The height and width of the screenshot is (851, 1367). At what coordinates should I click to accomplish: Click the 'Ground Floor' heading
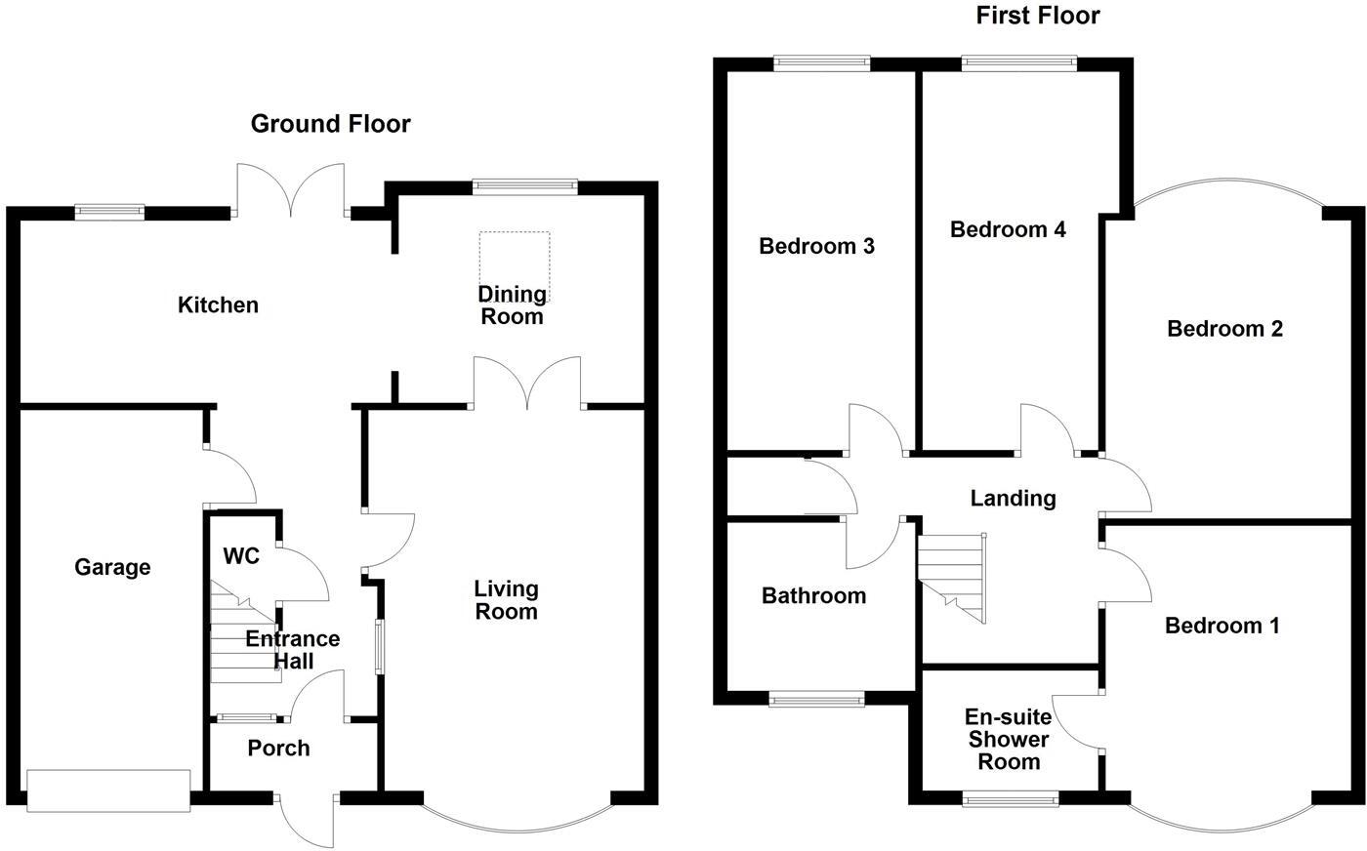point(330,124)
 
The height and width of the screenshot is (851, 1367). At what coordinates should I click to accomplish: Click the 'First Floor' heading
point(1038,16)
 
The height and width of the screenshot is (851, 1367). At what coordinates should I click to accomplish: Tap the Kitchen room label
point(218,305)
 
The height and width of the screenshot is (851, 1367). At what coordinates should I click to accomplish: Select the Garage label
point(112,567)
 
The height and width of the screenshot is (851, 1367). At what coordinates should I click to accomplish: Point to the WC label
point(241,556)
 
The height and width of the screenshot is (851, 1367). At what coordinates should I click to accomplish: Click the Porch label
point(278,749)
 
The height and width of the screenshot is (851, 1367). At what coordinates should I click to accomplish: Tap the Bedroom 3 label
point(816,246)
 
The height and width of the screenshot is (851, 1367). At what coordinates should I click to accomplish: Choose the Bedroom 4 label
point(1008,229)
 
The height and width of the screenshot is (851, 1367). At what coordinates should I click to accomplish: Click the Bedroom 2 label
point(1224,329)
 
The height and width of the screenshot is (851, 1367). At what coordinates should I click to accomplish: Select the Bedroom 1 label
point(1222,626)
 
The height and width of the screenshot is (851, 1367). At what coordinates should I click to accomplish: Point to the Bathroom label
point(813,595)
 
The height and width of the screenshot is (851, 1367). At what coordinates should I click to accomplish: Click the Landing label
point(1013,499)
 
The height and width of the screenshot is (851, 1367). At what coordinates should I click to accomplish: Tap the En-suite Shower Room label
point(1009,740)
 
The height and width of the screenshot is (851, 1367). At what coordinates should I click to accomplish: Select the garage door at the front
point(108,790)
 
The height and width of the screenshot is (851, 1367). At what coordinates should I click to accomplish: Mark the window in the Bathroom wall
point(816,699)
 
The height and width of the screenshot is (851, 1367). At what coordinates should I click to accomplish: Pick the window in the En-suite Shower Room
point(1011,800)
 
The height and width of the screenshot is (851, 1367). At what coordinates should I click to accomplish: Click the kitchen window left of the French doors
point(110,209)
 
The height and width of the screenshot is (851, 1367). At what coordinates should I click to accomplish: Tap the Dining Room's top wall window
point(524,186)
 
